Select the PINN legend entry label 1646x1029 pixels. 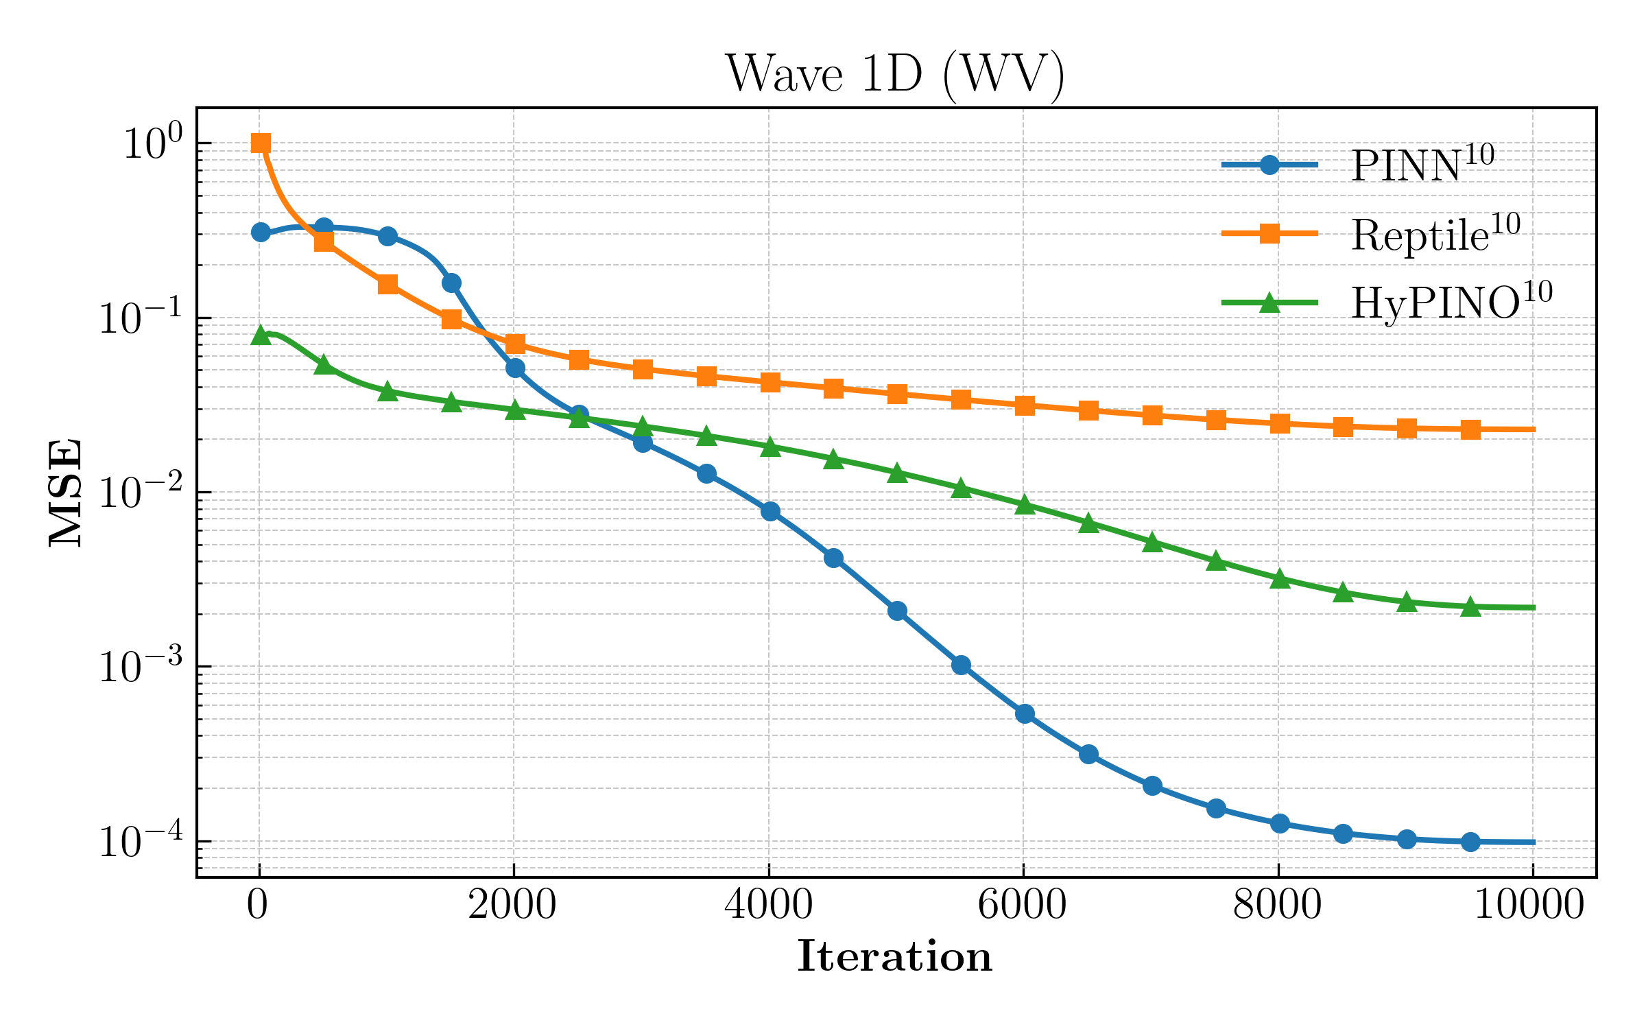(x=1422, y=165)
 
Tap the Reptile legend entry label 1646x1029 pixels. (x=1435, y=234)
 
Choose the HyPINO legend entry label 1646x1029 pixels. (x=1451, y=303)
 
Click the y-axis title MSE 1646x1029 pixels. (x=66, y=493)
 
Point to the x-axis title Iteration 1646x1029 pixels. (x=895, y=956)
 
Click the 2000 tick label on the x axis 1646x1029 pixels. (x=512, y=906)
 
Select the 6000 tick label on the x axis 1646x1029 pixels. (x=1023, y=906)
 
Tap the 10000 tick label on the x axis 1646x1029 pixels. (x=1529, y=906)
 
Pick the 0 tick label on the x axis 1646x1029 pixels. (x=258, y=906)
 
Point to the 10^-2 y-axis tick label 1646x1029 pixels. (x=141, y=493)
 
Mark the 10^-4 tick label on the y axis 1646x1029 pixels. (x=141, y=841)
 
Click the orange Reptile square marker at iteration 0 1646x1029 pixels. (x=261, y=143)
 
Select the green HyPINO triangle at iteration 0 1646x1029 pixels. (x=261, y=335)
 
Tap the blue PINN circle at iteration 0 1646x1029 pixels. (x=261, y=233)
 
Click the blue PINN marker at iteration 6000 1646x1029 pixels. (x=1025, y=714)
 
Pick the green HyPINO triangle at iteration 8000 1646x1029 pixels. (x=1279, y=579)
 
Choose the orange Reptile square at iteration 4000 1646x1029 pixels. (x=770, y=382)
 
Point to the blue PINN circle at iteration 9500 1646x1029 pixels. (x=1470, y=842)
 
